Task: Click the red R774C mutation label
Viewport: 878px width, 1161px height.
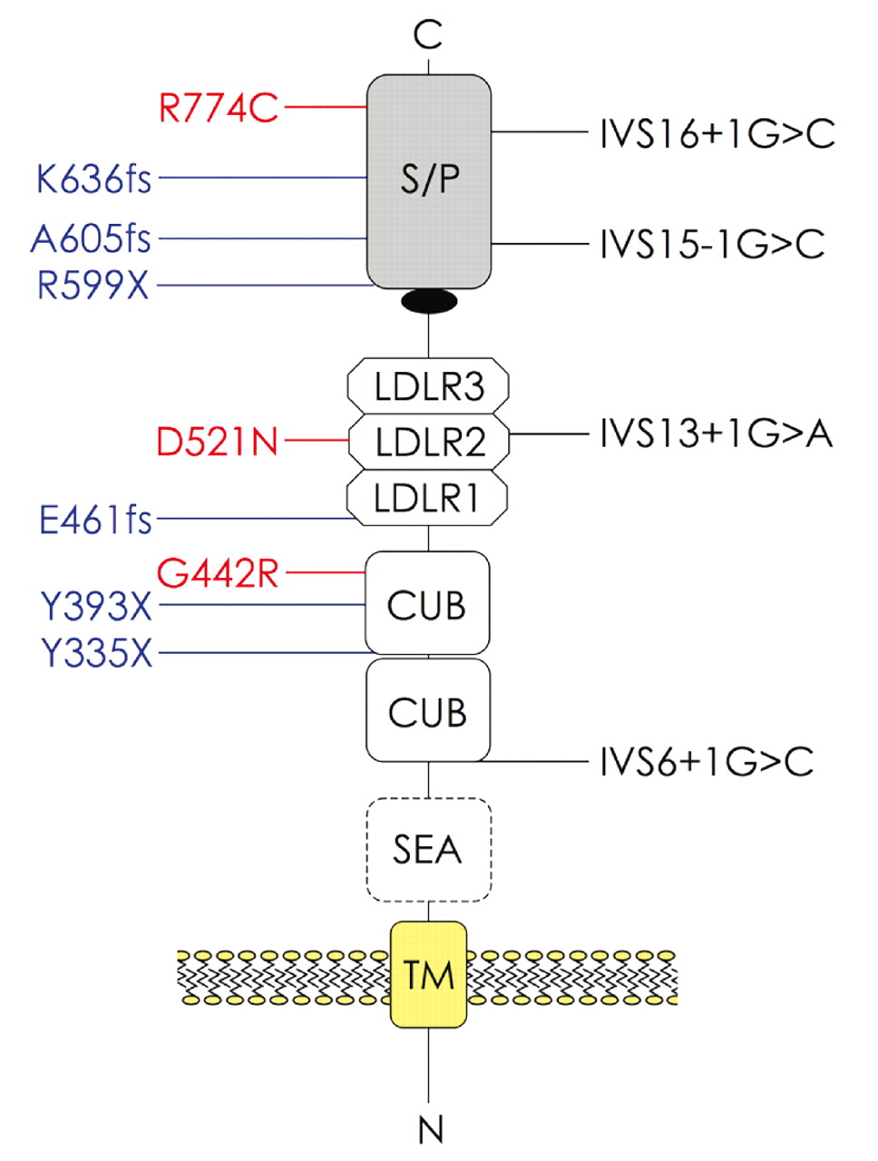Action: [x=218, y=108]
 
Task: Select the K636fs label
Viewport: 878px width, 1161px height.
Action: [x=93, y=179]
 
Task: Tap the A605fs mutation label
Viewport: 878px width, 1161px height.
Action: [x=91, y=239]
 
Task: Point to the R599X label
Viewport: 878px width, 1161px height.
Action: [x=93, y=286]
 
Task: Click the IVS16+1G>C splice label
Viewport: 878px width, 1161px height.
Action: [x=717, y=133]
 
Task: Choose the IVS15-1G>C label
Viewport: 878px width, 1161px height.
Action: [x=712, y=244]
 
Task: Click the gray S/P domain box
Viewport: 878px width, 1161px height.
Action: [x=429, y=180]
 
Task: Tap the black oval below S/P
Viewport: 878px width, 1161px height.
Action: [x=429, y=301]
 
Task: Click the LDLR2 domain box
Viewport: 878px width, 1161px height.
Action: [x=429, y=442]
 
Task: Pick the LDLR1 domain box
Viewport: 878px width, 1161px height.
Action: [x=429, y=497]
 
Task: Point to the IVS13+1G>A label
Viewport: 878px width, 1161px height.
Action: [x=716, y=434]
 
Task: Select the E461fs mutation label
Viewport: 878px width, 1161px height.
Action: [x=95, y=520]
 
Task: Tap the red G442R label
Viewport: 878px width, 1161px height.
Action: [x=218, y=573]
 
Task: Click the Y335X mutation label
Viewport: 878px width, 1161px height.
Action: [x=97, y=652]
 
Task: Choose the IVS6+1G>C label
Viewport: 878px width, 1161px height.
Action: [x=707, y=762]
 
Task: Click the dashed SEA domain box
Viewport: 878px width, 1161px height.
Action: [x=429, y=850]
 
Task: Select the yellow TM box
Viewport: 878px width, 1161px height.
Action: [x=429, y=975]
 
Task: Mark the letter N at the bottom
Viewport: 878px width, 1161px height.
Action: [x=430, y=1130]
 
